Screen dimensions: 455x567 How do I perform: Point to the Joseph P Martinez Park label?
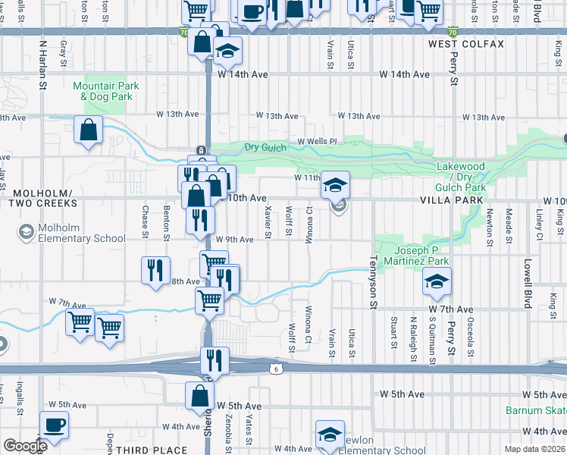pyautogui.click(x=421, y=256)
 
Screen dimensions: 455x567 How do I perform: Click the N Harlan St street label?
pyautogui.click(x=42, y=67)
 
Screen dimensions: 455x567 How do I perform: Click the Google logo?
pyautogui.click(x=25, y=446)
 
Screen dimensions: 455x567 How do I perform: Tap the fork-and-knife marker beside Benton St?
pyautogui.click(x=155, y=269)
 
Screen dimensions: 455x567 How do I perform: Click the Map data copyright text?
pyautogui.click(x=535, y=449)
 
